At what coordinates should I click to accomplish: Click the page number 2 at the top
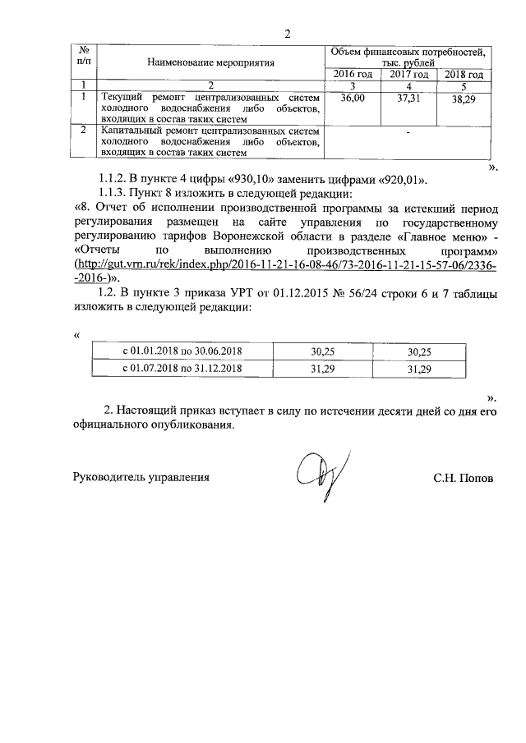pos(287,34)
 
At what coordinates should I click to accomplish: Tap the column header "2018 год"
pos(464,75)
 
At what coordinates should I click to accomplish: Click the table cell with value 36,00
pos(352,97)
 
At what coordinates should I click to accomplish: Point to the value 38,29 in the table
pos(464,99)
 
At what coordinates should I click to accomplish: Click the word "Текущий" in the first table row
pos(120,97)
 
